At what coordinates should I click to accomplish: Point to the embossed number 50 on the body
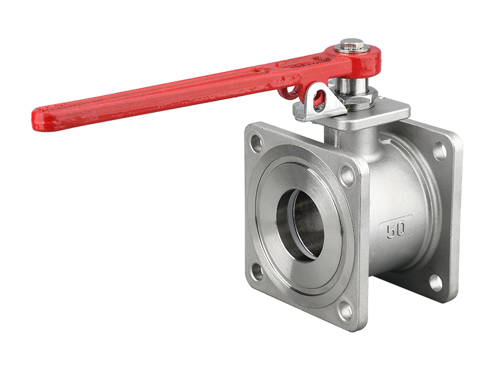[x=396, y=229]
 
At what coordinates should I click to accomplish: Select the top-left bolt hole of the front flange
[x=257, y=143]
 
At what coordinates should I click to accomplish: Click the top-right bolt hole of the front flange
[x=347, y=175]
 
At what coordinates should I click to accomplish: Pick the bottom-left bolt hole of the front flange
[x=257, y=272]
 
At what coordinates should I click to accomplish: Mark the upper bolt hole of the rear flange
[x=439, y=151]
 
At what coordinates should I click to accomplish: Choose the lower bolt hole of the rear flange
[x=436, y=282]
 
